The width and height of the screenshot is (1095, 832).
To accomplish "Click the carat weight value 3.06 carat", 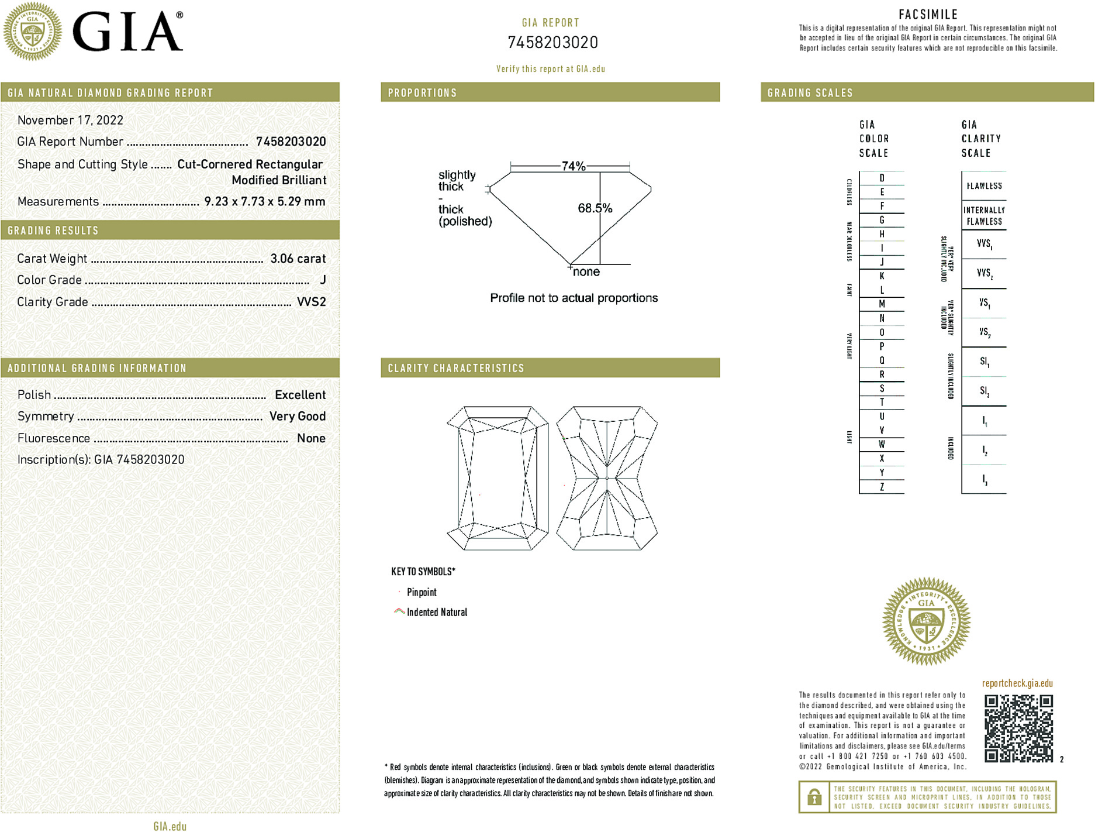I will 298,259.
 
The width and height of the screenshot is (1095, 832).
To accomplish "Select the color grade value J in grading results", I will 323,280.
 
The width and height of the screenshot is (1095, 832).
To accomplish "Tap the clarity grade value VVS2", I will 311,302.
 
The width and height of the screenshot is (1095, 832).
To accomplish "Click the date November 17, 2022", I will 70,121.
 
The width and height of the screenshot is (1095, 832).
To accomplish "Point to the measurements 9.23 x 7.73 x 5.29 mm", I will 264,202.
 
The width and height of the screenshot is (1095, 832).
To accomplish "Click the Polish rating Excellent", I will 300,395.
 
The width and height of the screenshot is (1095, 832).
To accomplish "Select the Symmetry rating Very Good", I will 297,417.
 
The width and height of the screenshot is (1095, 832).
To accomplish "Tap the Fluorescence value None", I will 311,438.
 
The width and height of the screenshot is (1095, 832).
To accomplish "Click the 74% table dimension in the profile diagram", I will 573,166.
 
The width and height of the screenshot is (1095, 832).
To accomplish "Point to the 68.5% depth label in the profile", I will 595,208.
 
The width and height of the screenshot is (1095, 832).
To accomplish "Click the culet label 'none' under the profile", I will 586,272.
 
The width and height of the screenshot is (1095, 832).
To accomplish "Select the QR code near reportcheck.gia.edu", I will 1018,728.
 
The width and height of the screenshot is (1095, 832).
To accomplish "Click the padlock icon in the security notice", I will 814,797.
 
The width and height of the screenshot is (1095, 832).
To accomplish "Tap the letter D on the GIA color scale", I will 882,178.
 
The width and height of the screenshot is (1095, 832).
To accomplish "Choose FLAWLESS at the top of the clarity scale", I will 984,186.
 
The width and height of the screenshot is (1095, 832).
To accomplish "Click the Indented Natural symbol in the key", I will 399,611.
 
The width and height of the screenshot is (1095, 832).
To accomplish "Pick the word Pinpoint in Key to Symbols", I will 422,592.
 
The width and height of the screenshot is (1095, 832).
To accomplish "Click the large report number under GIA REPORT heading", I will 552,43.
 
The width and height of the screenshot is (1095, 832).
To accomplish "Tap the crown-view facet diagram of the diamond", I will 498,478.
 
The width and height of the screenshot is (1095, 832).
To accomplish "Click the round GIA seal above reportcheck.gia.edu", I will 926,621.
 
